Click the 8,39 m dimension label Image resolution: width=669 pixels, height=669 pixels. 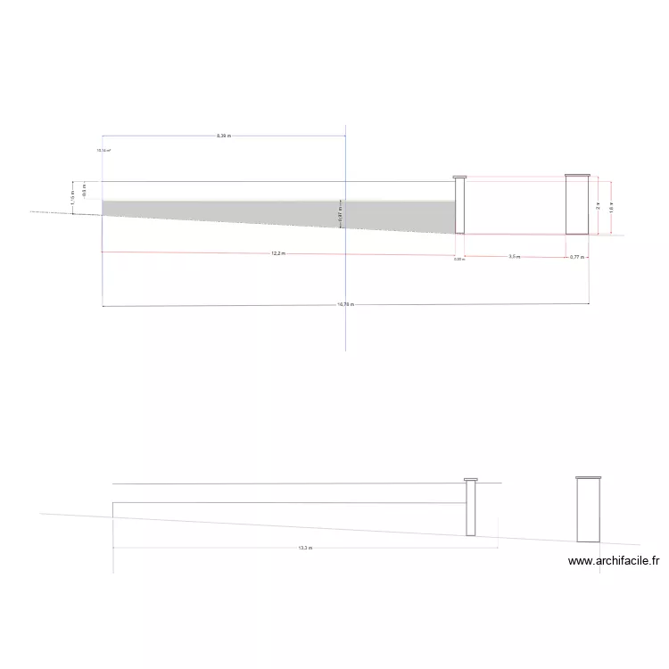[223, 136]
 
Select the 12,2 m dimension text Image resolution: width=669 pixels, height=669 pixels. [278, 253]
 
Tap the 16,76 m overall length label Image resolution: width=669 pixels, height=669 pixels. [346, 305]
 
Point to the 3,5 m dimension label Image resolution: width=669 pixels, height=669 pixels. [515, 257]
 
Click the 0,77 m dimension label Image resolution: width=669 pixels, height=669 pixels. [576, 257]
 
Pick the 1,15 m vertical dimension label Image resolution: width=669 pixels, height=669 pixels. [72, 193]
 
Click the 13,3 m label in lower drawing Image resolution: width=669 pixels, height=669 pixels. [304, 548]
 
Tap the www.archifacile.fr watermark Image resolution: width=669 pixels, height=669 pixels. [613, 562]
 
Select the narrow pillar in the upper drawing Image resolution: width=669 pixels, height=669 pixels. [460, 207]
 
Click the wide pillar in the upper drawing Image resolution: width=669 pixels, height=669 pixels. [577, 207]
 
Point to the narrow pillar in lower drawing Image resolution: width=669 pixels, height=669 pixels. [471, 508]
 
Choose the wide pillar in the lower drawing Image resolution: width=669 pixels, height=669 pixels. [588, 511]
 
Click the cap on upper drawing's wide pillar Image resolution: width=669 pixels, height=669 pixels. [577, 176]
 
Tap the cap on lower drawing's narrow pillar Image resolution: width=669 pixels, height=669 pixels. [471, 480]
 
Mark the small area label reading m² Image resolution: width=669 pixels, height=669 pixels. [103, 151]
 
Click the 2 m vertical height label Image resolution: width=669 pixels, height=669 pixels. [599, 205]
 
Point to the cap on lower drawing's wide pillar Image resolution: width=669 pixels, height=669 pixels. [588, 478]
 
